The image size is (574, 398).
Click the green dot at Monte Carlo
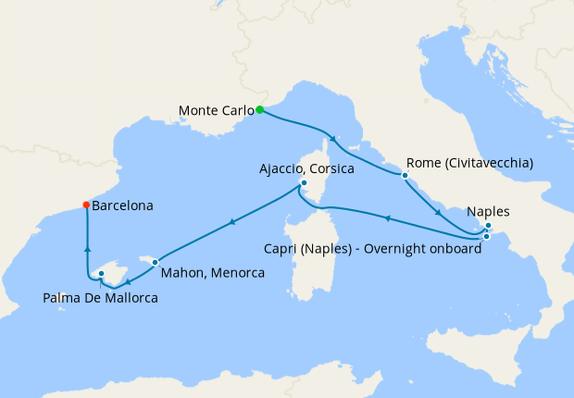point(260,110)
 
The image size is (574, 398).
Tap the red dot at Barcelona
point(86,205)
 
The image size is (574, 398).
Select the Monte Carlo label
point(216,111)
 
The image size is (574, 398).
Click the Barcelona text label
point(122,206)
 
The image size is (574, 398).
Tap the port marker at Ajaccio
point(304,183)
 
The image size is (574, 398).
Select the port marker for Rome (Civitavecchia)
point(404,175)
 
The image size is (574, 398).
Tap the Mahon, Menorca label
point(213,273)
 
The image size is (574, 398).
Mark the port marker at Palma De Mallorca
point(101,274)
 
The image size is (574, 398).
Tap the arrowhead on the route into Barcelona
point(86,247)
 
